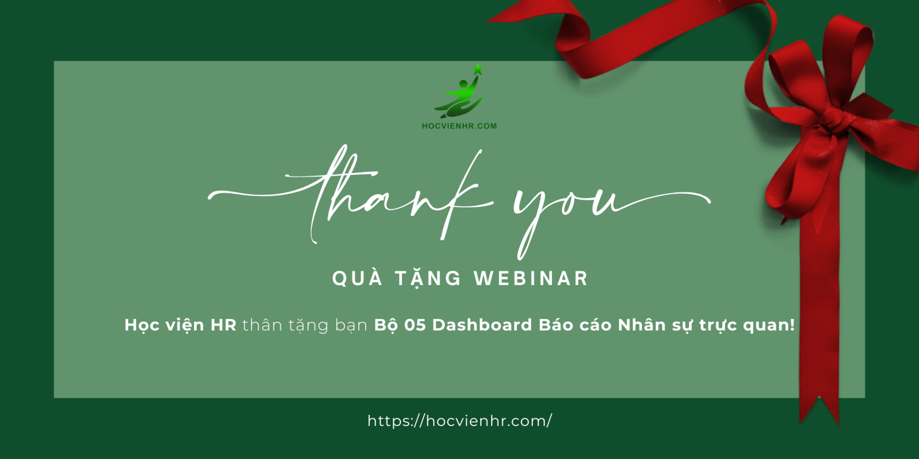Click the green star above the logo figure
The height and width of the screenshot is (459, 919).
[478, 69]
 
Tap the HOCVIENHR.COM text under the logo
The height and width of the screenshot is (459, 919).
[459, 126]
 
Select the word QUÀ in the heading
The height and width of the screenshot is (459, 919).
[358, 278]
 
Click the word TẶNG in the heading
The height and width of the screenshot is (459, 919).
[428, 279]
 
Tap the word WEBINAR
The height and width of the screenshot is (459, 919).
[531, 279]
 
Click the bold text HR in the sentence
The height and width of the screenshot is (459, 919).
[224, 325]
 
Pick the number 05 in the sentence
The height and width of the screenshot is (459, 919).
[415, 325]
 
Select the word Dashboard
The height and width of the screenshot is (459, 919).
[482, 325]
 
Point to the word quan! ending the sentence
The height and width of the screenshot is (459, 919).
[769, 326]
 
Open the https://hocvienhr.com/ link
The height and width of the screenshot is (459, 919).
[459, 421]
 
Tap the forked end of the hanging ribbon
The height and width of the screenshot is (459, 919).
[819, 411]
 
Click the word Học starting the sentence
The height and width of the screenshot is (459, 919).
[142, 325]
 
